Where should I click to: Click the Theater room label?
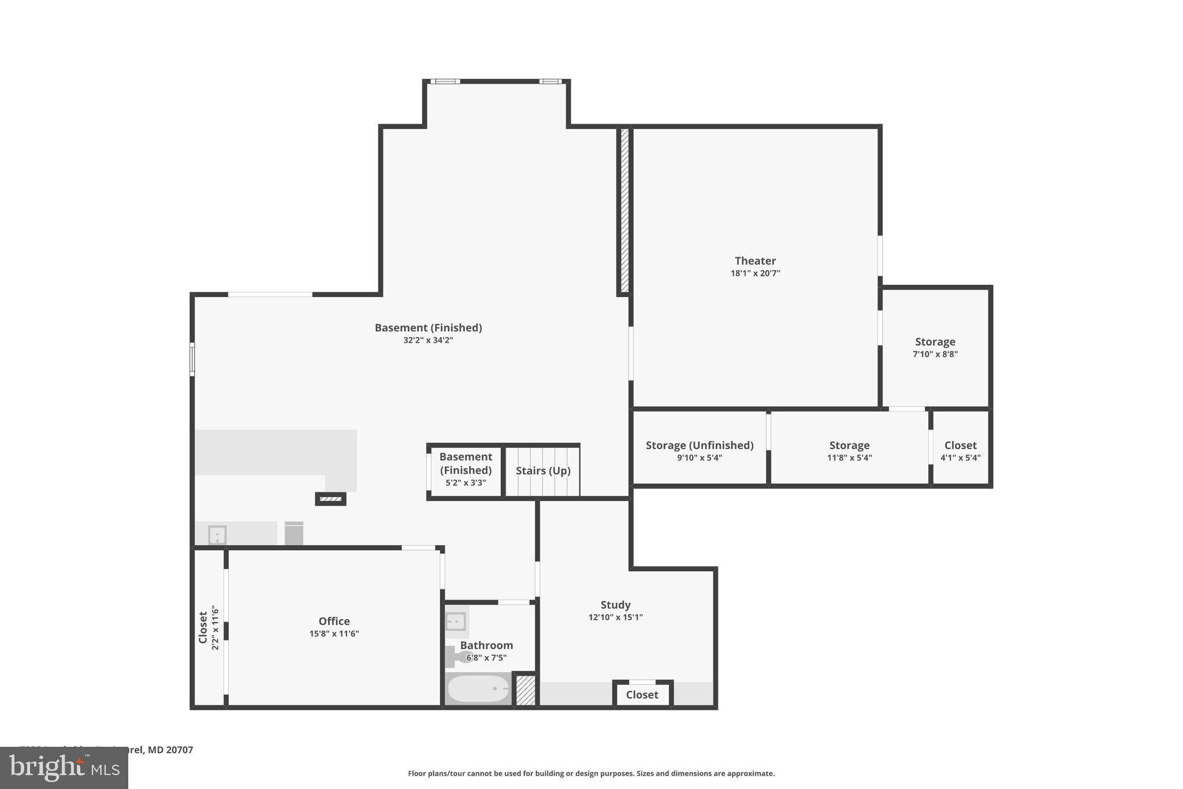click(755, 261)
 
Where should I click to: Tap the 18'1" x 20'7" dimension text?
click(755, 273)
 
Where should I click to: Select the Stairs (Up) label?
click(543, 471)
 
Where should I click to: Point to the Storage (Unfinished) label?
click(699, 445)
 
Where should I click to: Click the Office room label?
click(334, 621)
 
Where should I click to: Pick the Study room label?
click(615, 605)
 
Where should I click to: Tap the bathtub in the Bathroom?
click(478, 688)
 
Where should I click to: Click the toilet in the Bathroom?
click(459, 657)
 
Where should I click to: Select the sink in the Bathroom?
click(456, 622)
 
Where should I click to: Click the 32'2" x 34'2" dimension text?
click(428, 340)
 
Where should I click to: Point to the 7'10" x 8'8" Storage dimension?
click(935, 354)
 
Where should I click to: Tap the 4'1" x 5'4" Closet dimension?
click(960, 458)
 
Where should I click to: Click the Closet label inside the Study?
click(642, 695)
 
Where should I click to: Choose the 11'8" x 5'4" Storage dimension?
click(849, 458)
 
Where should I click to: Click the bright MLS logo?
click(64, 768)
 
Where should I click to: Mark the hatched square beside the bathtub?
click(525, 690)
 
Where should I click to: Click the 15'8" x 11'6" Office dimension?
click(334, 634)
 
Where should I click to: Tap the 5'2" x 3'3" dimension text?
click(466, 483)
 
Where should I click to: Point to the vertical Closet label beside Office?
click(203, 627)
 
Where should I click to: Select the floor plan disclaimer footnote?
click(591, 773)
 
